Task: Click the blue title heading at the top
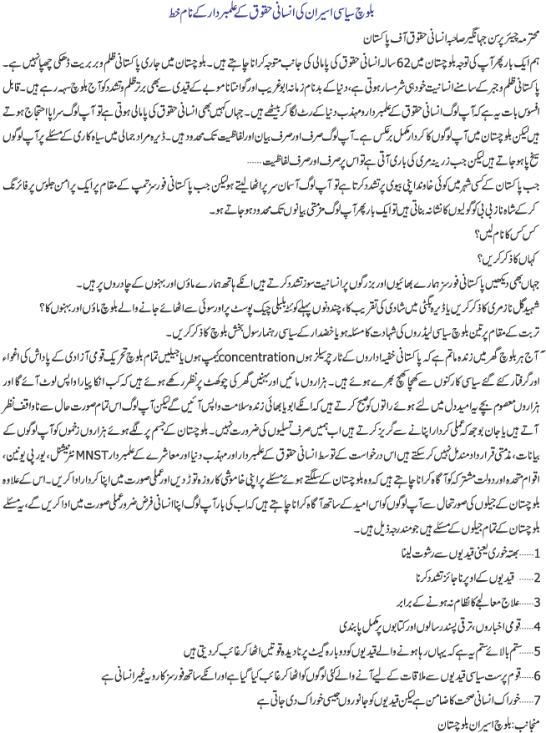(x=273, y=13)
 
